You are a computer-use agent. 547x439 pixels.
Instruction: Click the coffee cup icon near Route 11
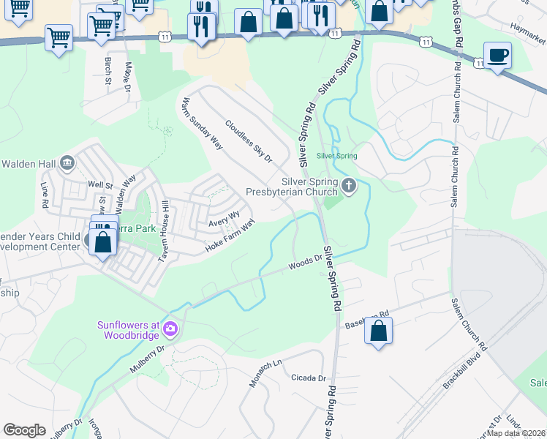click(497, 56)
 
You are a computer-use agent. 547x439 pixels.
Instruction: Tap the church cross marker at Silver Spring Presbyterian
click(349, 185)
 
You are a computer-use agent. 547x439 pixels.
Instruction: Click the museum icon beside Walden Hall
click(67, 162)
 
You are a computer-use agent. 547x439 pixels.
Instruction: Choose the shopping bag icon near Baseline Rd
click(379, 331)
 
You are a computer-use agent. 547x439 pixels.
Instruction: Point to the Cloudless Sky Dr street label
click(249, 141)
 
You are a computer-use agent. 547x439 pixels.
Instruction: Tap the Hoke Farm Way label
click(230, 236)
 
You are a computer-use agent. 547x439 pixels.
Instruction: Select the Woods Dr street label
click(305, 262)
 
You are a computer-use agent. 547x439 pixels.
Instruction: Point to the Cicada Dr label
click(308, 378)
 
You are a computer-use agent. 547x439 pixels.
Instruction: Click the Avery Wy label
click(224, 217)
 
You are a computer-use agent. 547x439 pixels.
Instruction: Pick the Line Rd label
click(44, 194)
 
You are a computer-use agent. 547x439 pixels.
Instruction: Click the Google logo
click(24, 430)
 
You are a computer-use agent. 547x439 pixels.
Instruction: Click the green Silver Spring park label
click(336, 156)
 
